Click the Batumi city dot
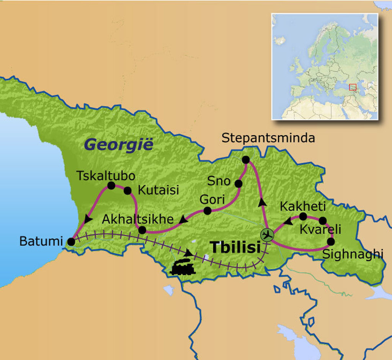[x=71, y=242]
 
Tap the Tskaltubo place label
[x=106, y=176]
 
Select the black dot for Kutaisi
[x=127, y=190]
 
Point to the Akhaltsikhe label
[x=138, y=219]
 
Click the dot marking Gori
[x=207, y=211]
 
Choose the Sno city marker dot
[x=238, y=184]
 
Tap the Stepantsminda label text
[x=268, y=138]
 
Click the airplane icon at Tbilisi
[x=267, y=234]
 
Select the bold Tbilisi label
[x=235, y=248]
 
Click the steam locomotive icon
[x=183, y=267]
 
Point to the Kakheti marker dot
[x=303, y=216]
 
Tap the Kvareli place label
[x=320, y=230]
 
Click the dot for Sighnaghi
[x=331, y=242]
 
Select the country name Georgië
[x=118, y=145]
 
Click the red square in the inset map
[x=353, y=87]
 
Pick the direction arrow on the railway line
[x=188, y=253]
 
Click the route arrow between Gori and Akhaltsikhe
[x=184, y=219]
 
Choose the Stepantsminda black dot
[x=246, y=159]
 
